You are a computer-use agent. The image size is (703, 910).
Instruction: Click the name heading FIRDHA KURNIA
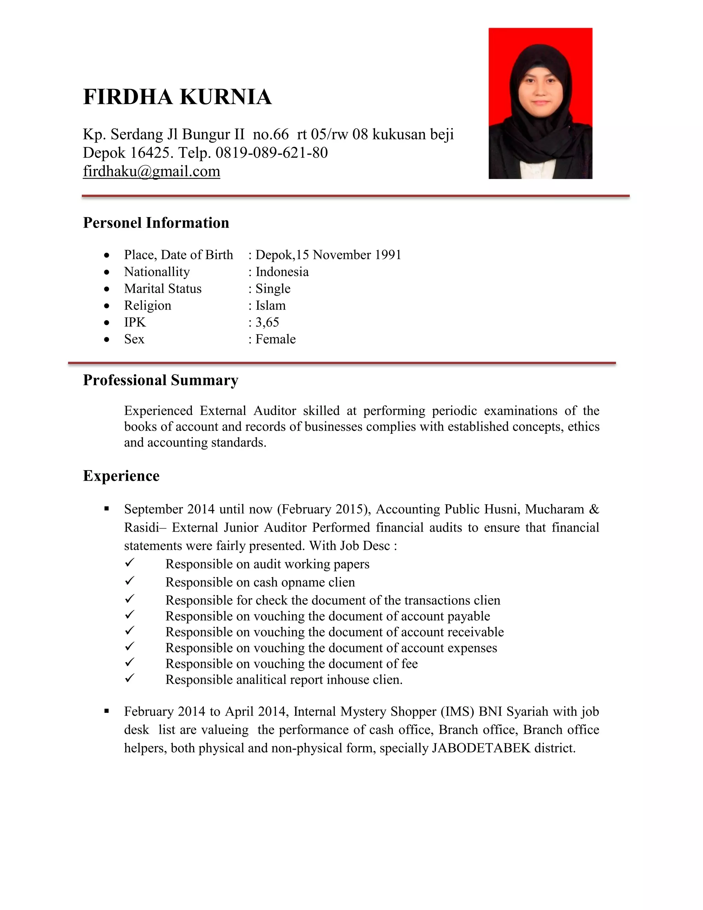point(177,97)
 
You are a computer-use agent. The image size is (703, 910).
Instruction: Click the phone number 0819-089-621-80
point(271,153)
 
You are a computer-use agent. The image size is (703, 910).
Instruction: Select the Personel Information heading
point(156,223)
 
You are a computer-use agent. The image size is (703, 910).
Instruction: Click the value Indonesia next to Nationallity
point(282,272)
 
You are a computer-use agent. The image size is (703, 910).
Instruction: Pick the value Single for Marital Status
point(273,289)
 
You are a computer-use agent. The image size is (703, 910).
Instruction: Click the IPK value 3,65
point(267,322)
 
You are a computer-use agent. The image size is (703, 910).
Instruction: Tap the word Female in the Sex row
point(275,339)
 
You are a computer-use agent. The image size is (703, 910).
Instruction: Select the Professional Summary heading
point(160,380)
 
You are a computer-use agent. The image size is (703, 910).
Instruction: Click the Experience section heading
point(121,476)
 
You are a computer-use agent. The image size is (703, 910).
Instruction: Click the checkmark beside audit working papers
point(129,563)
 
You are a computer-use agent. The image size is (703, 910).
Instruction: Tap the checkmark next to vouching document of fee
point(129,662)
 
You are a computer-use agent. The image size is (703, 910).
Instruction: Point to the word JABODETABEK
point(481,748)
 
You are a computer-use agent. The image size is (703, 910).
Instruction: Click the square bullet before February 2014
point(107,711)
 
